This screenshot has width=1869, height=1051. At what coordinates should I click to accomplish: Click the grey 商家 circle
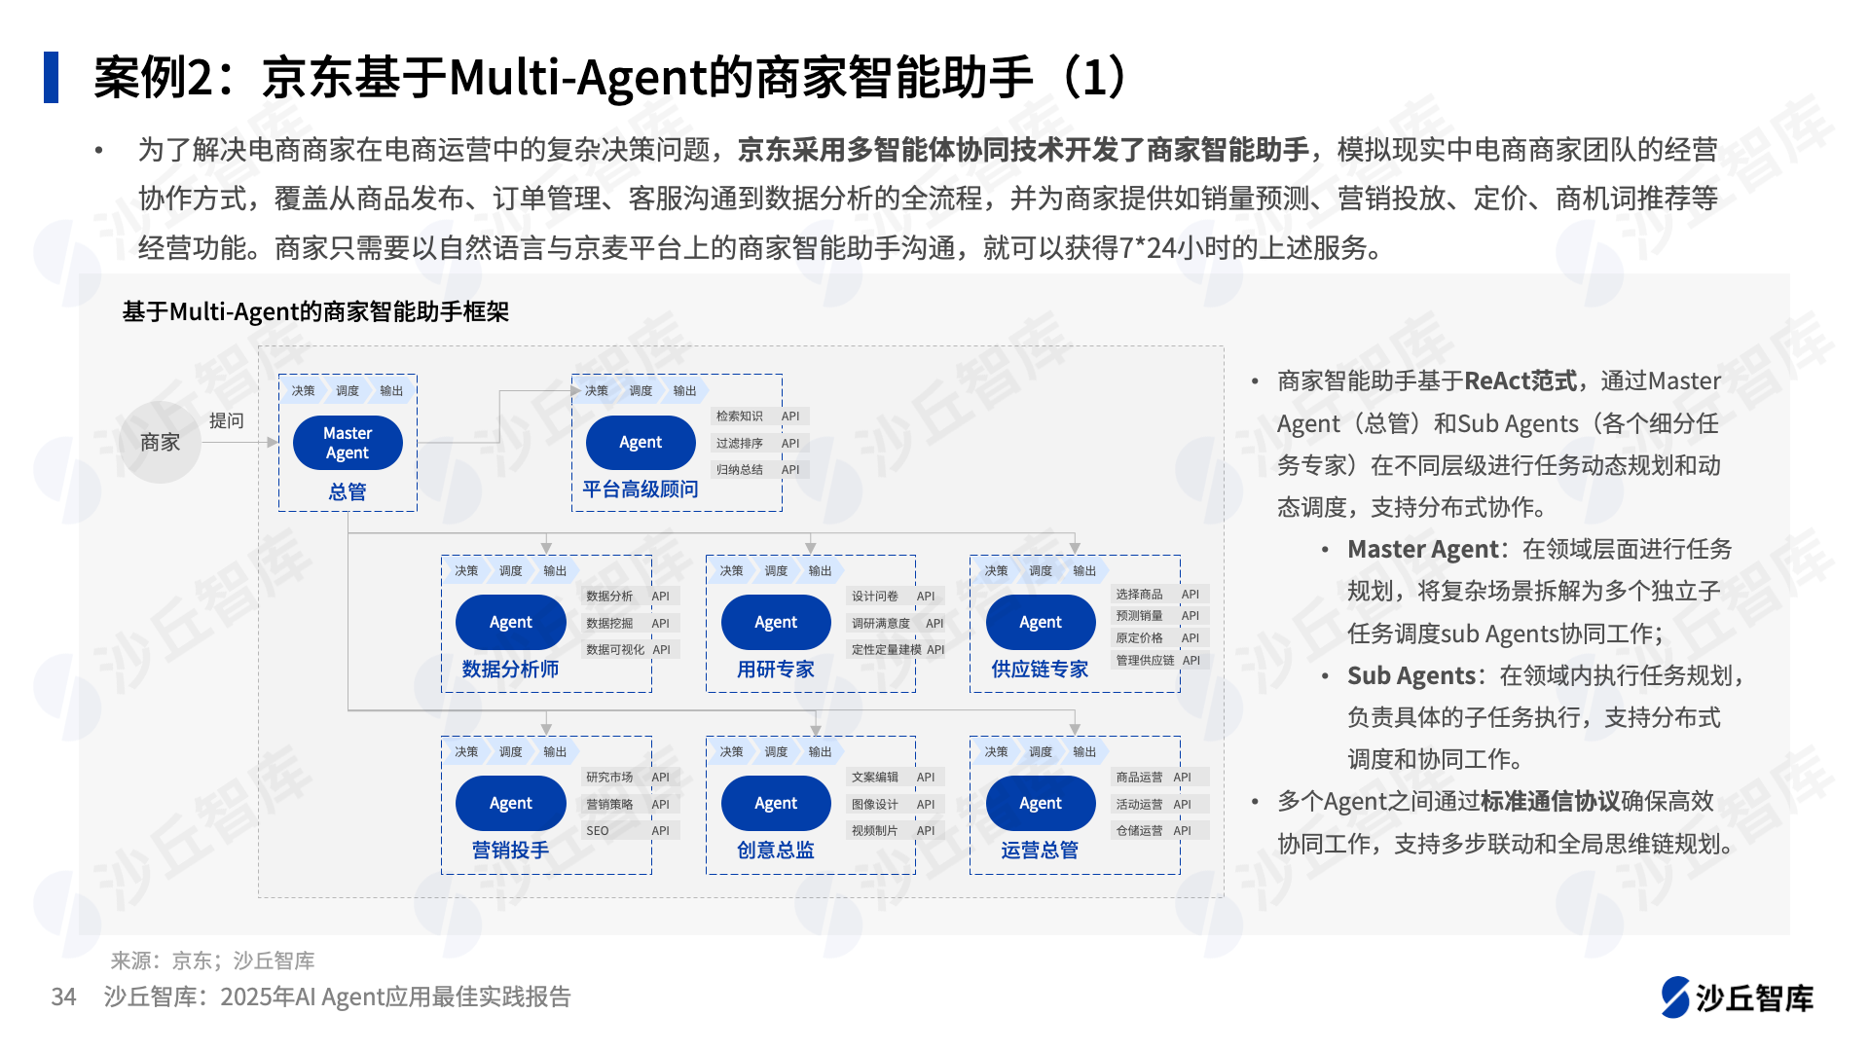point(160,443)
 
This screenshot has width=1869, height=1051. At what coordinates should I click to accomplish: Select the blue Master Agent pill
point(348,443)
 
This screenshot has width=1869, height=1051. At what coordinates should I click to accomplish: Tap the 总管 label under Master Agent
point(348,492)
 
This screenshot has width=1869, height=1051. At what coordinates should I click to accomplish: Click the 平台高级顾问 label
point(641,489)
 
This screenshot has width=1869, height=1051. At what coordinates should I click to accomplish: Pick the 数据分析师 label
point(510,670)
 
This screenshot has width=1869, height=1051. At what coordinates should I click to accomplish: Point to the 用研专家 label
point(775,670)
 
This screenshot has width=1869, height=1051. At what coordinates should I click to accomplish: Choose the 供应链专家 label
point(1040,670)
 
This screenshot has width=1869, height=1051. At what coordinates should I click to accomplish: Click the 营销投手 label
point(510,851)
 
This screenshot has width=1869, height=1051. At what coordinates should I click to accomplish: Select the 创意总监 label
point(775,851)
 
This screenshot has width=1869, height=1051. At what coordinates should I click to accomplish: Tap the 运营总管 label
point(1040,851)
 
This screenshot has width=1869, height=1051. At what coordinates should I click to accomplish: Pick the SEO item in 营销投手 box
point(597,831)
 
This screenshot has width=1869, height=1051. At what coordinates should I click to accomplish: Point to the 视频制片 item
point(874,831)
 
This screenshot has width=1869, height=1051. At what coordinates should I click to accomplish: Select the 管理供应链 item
point(1145,661)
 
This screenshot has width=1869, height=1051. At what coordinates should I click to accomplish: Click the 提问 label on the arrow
point(226,420)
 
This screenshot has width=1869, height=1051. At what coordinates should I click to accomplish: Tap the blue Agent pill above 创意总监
point(776,804)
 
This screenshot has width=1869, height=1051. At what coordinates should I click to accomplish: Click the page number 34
point(63,997)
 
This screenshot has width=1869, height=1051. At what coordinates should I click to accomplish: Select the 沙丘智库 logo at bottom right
point(1737,997)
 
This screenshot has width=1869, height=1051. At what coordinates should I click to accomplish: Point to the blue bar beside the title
point(51,77)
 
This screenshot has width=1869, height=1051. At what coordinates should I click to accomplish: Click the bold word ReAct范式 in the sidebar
point(1521,381)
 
